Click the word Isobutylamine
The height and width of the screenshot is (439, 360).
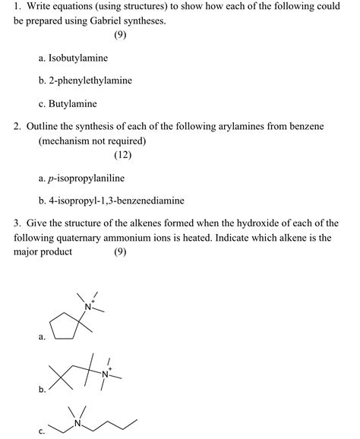[x=77, y=58]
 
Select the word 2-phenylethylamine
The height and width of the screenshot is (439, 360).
[x=90, y=81]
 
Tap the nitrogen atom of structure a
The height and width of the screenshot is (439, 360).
[x=88, y=306]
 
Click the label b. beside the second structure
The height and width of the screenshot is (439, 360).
[x=42, y=390]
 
